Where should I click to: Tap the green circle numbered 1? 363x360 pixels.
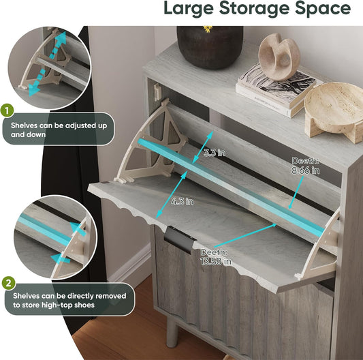coord(7,110)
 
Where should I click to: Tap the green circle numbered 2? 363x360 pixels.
coord(9,282)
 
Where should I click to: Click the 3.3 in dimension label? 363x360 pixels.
coord(215,153)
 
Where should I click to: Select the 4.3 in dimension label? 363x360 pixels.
coord(183,201)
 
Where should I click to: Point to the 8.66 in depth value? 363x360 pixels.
coord(305,170)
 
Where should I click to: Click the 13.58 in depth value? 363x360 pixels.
coord(216,262)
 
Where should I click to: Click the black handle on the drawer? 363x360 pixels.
coord(179,239)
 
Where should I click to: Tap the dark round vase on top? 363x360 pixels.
coord(210,48)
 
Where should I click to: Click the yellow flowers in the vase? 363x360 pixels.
coord(208,29)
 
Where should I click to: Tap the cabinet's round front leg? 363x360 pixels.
coord(172,331)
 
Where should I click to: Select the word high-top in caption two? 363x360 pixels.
coord(59,305)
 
